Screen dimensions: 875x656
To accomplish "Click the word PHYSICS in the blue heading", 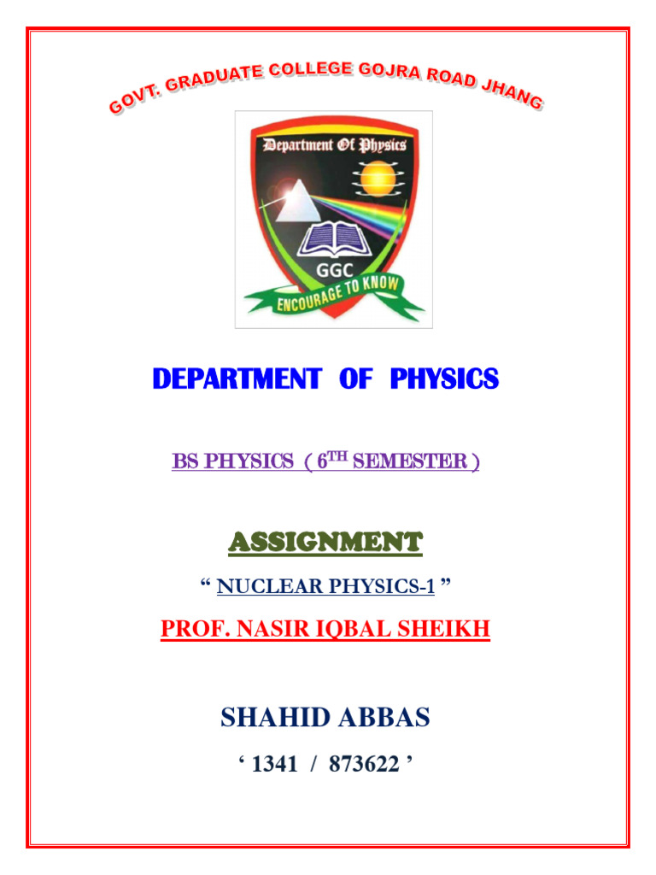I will (x=444, y=380).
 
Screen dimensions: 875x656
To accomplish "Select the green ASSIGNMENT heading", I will (x=325, y=541).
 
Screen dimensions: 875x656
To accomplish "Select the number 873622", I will (x=366, y=764).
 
